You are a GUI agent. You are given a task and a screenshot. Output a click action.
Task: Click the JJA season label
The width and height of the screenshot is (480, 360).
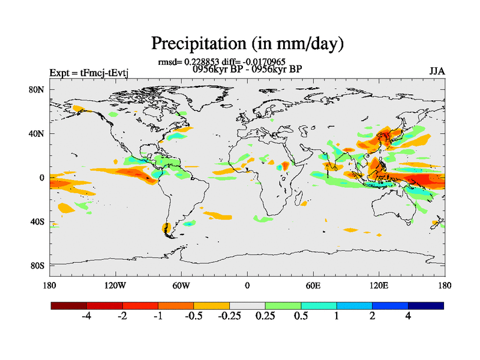pos(437,71)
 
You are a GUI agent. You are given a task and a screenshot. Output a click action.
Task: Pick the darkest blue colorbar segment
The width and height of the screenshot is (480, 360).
pos(426,305)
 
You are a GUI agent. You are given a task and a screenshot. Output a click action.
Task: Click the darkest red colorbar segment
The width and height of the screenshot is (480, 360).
pos(69,305)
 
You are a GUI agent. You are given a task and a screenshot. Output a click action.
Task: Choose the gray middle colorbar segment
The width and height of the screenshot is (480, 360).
pos(247,305)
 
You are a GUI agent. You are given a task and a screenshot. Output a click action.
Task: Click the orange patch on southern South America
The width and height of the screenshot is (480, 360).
pos(166,228)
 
